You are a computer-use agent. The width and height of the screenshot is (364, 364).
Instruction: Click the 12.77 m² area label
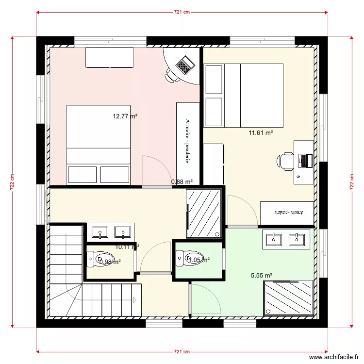[125, 116]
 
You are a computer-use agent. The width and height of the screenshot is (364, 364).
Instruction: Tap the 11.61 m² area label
[260, 132]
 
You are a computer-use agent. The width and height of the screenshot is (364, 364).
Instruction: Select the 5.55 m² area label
[261, 275]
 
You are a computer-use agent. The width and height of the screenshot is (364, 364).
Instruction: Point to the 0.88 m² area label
[182, 182]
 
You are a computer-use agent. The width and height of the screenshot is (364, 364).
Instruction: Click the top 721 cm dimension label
[182, 13]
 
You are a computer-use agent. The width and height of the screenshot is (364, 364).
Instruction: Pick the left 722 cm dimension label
[13, 182]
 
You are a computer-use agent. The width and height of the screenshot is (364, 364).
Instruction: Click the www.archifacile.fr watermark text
[332, 356]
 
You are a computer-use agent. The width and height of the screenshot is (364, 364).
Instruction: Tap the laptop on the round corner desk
[184, 65]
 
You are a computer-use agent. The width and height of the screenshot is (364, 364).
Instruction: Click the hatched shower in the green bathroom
[288, 298]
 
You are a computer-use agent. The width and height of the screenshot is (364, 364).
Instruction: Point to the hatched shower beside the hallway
[204, 213]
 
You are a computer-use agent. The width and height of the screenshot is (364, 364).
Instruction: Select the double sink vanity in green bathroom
[286, 239]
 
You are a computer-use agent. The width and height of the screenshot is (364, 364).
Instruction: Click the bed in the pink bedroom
[98, 144]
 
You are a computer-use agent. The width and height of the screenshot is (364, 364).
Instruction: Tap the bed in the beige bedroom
[244, 95]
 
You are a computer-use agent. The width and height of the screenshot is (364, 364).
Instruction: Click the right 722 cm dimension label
[351, 182]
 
